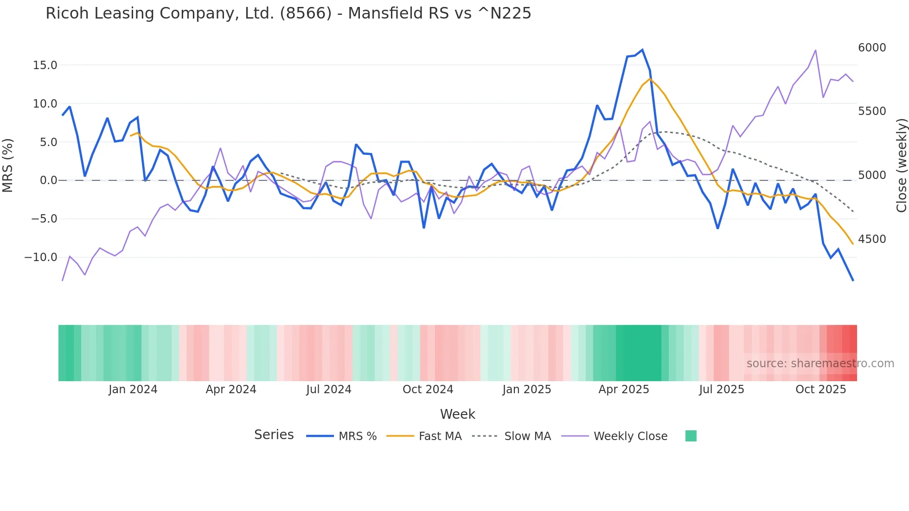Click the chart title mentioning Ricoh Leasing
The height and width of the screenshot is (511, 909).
coord(288,13)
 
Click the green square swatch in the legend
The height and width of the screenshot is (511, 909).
coord(691,436)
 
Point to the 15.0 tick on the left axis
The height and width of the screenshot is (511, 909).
coord(45,65)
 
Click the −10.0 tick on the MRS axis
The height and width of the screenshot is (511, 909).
coord(41,257)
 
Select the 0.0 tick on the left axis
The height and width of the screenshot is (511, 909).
coord(48,180)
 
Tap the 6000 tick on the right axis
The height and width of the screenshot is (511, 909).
coord(871,48)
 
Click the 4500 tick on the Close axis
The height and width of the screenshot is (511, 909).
coord(871,239)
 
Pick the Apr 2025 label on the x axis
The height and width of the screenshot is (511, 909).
coord(623,390)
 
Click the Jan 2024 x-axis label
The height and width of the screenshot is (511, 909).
coord(133,390)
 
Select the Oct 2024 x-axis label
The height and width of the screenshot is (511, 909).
coord(428,390)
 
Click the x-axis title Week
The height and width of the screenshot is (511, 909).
coord(457,414)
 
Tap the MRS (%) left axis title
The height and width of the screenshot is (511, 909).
coord(8,165)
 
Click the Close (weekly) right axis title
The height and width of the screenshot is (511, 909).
coord(901,165)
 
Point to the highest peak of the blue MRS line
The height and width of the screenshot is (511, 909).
coord(642,50)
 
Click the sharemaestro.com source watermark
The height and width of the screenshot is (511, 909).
coord(820,364)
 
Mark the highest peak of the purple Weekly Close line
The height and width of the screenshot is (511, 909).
coord(815,51)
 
